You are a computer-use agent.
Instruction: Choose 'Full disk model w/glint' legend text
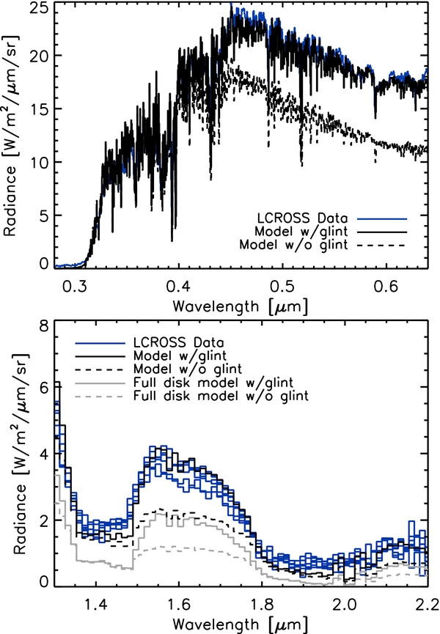click(213, 383)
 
